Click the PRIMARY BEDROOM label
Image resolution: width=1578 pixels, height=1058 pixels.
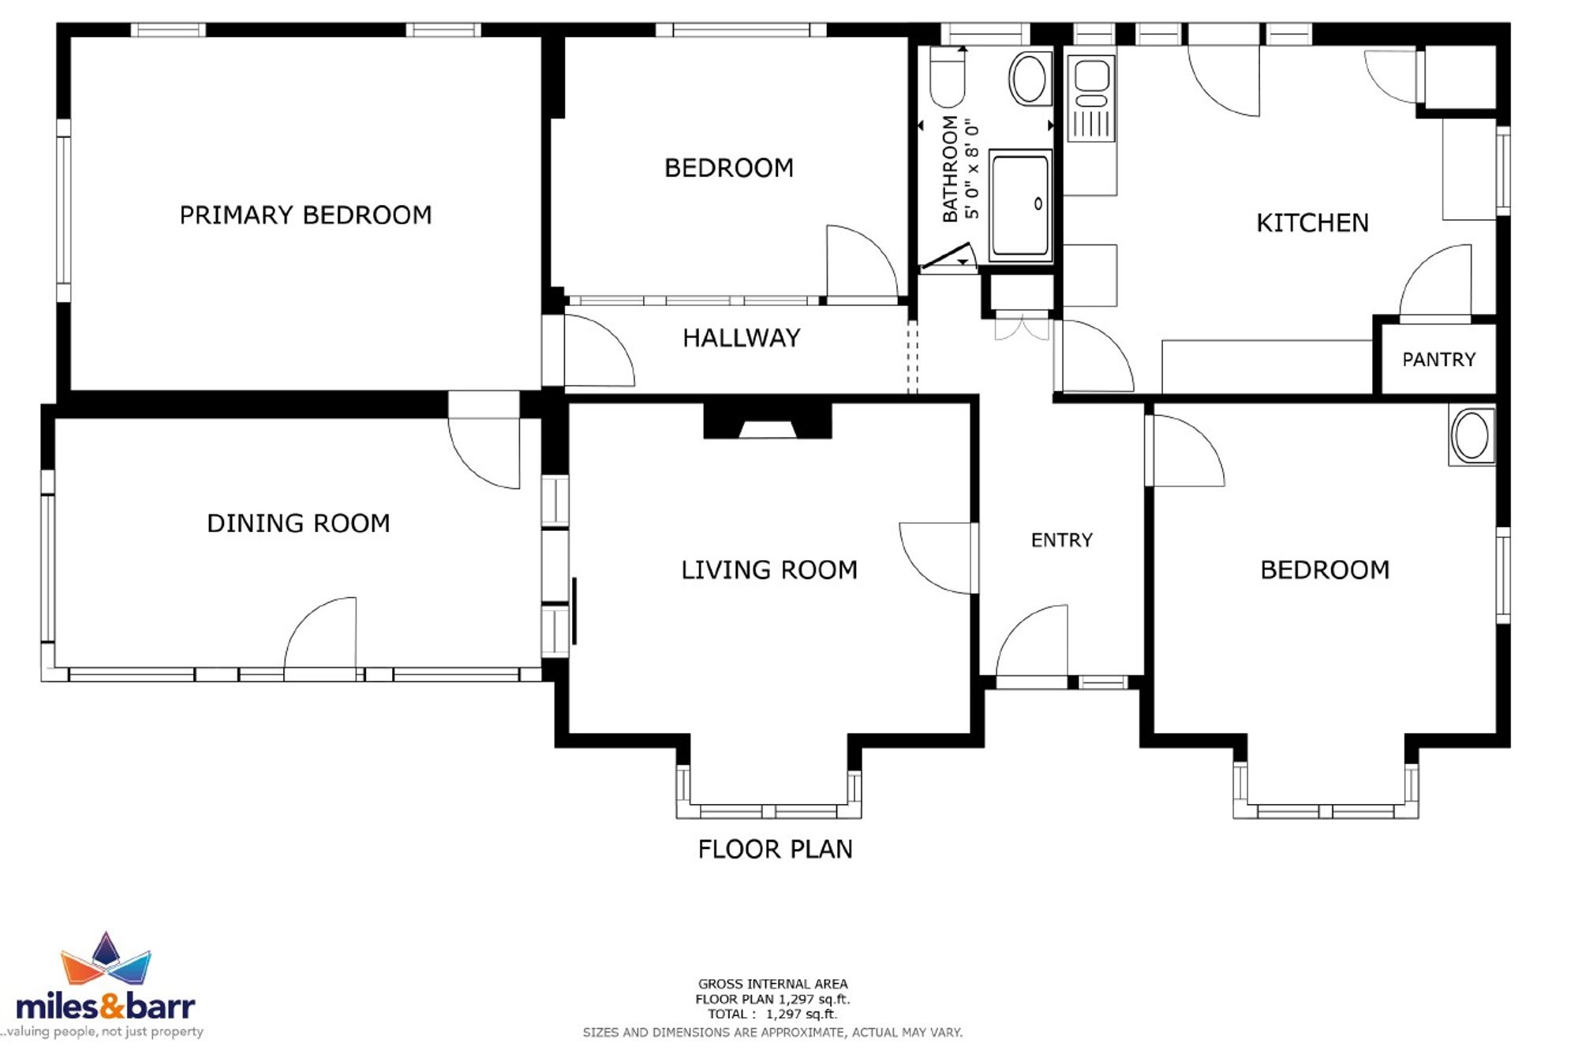pyautogui.click(x=305, y=215)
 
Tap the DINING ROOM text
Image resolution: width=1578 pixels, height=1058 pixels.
pyautogui.click(x=298, y=523)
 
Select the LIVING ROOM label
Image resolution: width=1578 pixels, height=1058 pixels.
pyautogui.click(x=769, y=570)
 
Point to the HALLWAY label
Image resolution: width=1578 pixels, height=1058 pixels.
pyautogui.click(x=741, y=338)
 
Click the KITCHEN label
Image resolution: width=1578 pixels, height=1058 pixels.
pyautogui.click(x=1312, y=223)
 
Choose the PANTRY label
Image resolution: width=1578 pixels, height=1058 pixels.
pyautogui.click(x=1438, y=360)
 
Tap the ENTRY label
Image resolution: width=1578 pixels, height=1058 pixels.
pyautogui.click(x=1062, y=540)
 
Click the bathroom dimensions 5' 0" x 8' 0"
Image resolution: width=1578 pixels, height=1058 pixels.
pyautogui.click(x=972, y=170)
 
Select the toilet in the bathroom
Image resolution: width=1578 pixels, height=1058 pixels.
pyautogui.click(x=947, y=77)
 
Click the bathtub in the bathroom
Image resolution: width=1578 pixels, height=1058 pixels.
pyautogui.click(x=1020, y=205)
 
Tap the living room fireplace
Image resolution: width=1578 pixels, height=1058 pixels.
pyautogui.click(x=767, y=421)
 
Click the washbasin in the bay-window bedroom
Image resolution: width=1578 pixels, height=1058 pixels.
pyautogui.click(x=1471, y=436)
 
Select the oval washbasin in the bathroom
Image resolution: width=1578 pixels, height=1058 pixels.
pyautogui.click(x=1030, y=78)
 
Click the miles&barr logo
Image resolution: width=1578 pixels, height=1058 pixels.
pyautogui.click(x=106, y=986)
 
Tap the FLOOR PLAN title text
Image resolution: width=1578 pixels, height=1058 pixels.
pyautogui.click(x=775, y=849)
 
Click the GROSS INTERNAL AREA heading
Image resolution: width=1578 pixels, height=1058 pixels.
pyautogui.click(x=772, y=984)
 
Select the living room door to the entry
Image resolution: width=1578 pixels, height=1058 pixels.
pyautogui.click(x=936, y=558)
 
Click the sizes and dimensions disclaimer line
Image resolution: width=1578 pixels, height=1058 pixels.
pyautogui.click(x=772, y=1032)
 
